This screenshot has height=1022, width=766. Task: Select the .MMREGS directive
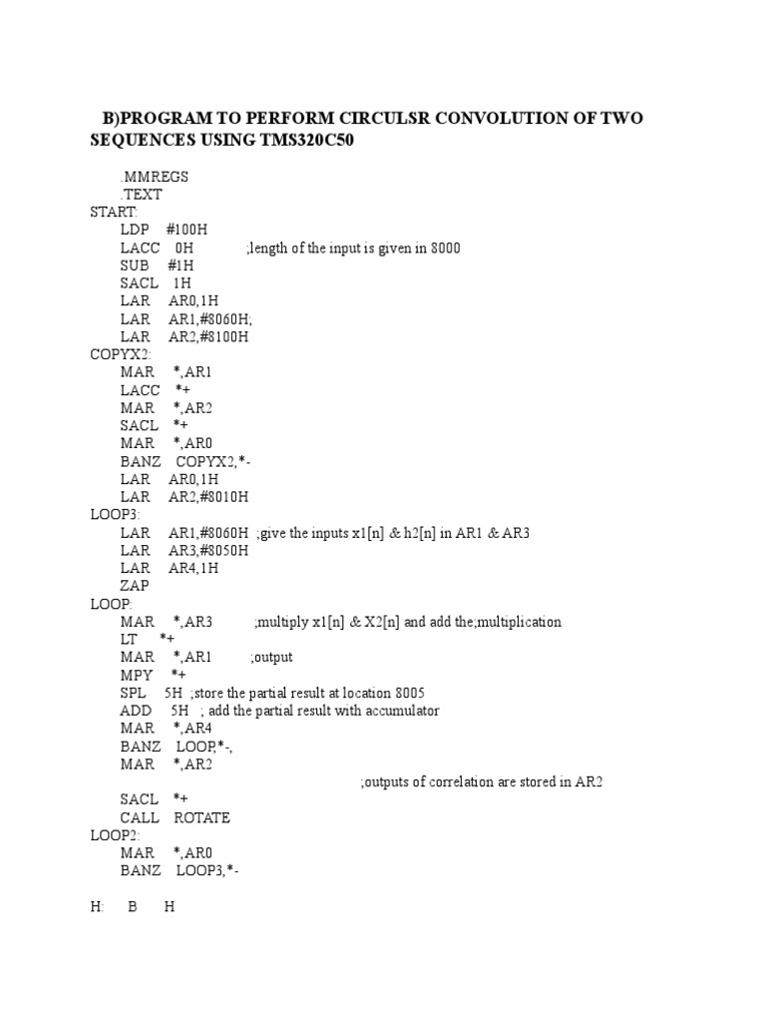pyautogui.click(x=155, y=177)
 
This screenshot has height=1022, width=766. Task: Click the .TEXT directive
pyautogui.click(x=142, y=195)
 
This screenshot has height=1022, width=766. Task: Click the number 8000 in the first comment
pyautogui.click(x=443, y=249)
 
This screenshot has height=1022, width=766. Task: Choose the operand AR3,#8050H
pyautogui.click(x=208, y=551)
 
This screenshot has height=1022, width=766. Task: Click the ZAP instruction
pyautogui.click(x=135, y=587)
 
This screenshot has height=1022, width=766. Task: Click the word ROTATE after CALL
pyautogui.click(x=201, y=817)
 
